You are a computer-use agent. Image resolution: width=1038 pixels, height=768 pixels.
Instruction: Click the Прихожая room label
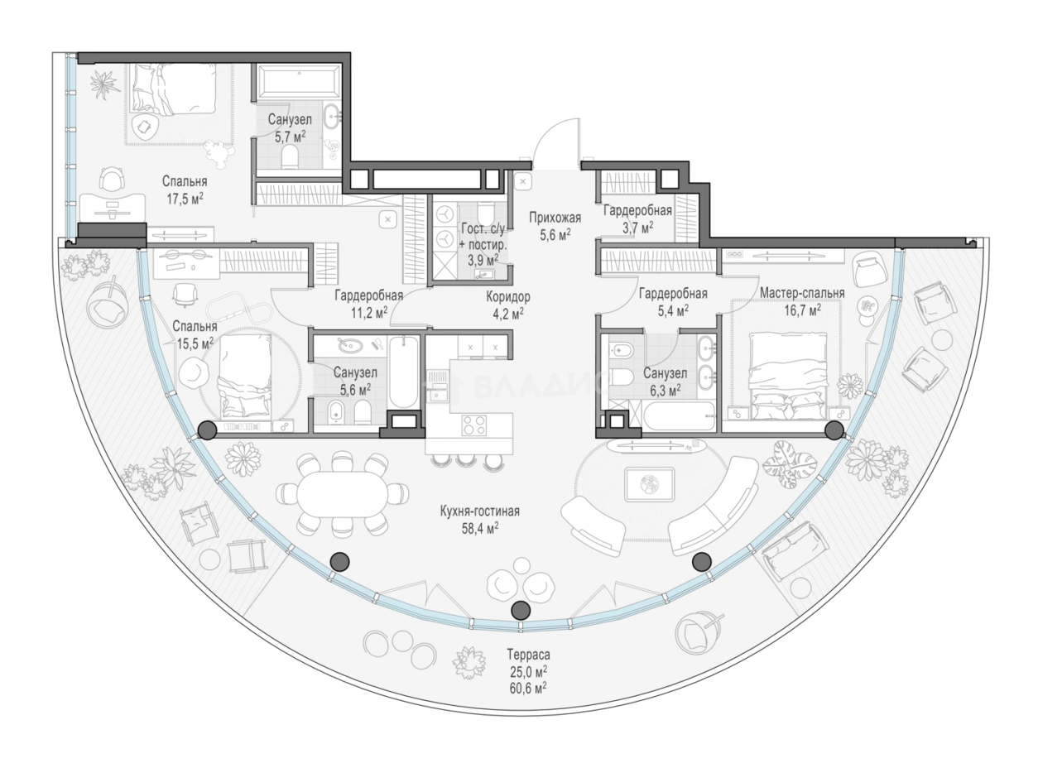pos(555,218)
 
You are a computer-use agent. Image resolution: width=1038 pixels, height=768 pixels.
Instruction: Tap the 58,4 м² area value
pos(480,528)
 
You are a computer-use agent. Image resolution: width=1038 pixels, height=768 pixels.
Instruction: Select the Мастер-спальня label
pos(802,293)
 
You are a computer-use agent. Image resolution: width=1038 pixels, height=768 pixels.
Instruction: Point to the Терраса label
pos(528,654)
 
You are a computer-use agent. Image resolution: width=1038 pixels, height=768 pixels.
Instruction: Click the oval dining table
pos(342,494)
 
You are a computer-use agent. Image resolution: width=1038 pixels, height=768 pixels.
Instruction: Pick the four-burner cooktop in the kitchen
pos(474,425)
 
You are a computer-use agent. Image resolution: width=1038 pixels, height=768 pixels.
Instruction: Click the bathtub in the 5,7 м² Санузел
pos(297,82)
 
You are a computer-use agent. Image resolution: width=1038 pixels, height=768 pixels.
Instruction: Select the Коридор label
pos(507,297)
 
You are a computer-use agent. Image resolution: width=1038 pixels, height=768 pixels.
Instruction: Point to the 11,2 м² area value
pos(370,313)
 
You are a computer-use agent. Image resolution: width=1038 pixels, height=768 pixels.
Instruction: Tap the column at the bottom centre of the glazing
pos(521,610)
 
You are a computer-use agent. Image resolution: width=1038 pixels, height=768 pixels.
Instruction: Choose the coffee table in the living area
pos(650,484)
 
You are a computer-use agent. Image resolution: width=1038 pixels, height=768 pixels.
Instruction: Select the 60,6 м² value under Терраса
pos(529,689)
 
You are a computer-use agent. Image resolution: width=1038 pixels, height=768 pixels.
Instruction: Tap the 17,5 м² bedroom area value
pos(185,199)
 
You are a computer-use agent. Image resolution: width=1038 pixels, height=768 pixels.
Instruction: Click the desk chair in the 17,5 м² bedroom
pos(113,180)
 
